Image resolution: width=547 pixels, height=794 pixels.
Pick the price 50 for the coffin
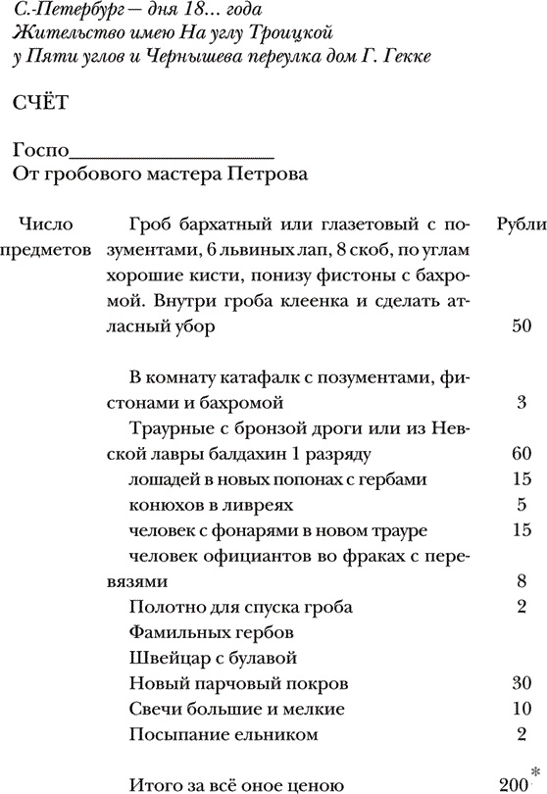pos(522,325)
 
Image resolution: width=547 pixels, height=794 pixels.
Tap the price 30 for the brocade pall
pos(522,682)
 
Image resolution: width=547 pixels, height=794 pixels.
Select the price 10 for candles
pos(522,708)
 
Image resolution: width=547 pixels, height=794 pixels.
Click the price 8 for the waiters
pos(522,580)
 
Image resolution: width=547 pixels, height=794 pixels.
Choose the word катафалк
pos(244,376)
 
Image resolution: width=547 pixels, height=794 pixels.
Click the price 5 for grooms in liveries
pos(522,505)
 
